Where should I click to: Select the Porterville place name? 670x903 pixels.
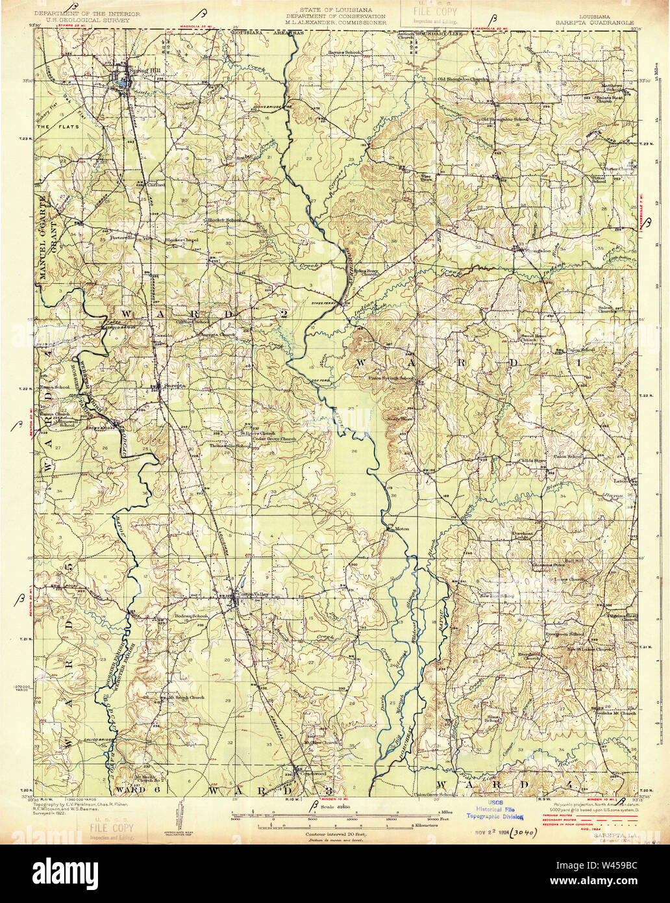[x=125, y=237]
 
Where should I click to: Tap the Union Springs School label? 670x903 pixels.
[x=391, y=377]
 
